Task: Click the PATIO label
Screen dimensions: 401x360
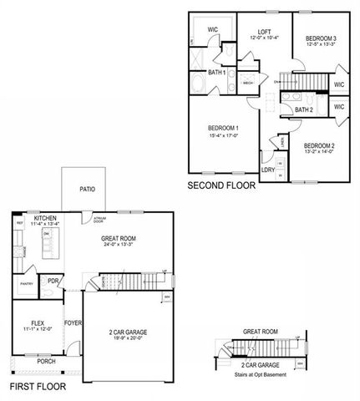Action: [x=87, y=189]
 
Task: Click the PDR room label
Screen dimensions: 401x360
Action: [x=53, y=281]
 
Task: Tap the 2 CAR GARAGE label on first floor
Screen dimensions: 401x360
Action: [x=128, y=332]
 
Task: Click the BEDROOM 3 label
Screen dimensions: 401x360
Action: [x=321, y=38]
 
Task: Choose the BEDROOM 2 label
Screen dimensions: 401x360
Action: [x=318, y=145]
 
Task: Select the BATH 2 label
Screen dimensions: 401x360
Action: [x=303, y=109]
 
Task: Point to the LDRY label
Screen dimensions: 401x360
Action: [x=268, y=170]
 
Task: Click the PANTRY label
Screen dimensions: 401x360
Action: [x=25, y=284]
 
